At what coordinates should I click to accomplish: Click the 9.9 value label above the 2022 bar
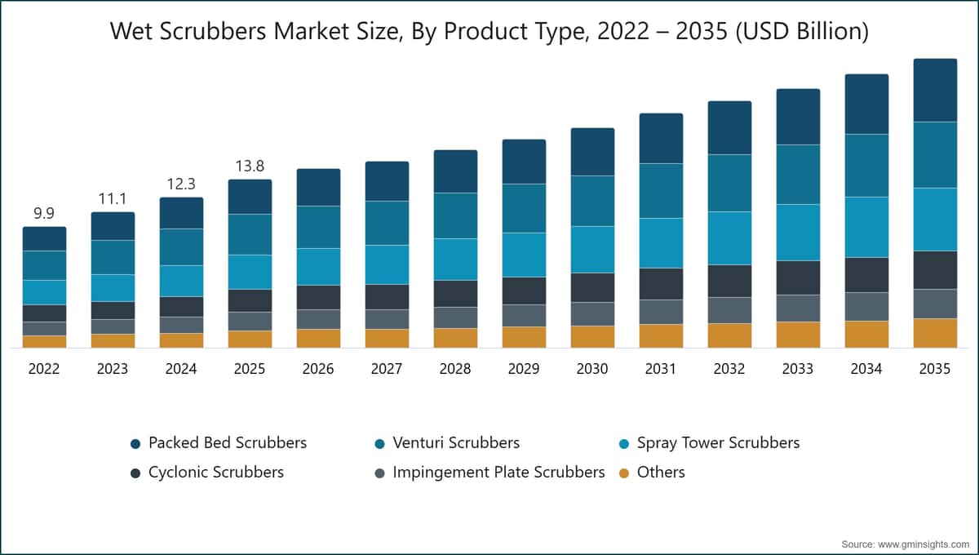[x=44, y=213]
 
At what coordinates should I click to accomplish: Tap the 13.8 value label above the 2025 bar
[x=250, y=166]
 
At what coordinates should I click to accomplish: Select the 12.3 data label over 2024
[x=181, y=184]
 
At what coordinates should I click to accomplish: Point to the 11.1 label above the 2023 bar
[x=113, y=199]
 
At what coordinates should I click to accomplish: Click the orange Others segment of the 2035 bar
[x=935, y=333]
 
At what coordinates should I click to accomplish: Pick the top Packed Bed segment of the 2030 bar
[x=592, y=152]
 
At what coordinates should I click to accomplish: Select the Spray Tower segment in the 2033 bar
[x=798, y=233]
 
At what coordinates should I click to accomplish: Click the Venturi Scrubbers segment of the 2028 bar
[x=455, y=215]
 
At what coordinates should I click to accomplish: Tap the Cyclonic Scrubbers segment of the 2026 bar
[x=319, y=297]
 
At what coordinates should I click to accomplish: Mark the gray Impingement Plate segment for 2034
[x=866, y=307]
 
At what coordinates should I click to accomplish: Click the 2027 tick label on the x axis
[x=387, y=369]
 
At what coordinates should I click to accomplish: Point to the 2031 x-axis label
[x=661, y=369]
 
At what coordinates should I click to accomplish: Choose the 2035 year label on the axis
[x=935, y=369]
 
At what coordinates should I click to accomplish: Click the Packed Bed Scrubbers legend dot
[x=135, y=444]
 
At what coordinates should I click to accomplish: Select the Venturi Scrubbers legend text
[x=456, y=442]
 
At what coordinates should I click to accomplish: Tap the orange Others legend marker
[x=624, y=473]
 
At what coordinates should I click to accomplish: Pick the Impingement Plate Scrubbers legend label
[x=498, y=473]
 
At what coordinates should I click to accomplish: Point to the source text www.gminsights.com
[x=924, y=544]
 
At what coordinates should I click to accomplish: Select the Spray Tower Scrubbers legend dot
[x=624, y=444]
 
